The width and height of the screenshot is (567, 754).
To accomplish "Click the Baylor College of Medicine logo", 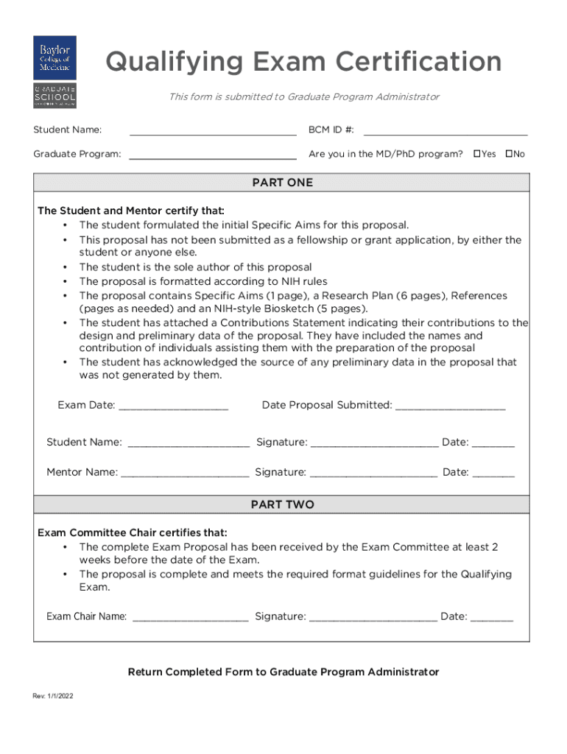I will coord(54,57).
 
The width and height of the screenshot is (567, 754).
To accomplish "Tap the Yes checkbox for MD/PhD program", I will coord(477,154).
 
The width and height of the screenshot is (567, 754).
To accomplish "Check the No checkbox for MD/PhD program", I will coord(509,154).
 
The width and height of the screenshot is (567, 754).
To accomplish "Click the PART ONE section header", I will coord(282,183).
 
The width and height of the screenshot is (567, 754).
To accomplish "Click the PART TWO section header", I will coord(282,504).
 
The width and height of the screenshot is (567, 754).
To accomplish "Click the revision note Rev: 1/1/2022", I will coord(53,696).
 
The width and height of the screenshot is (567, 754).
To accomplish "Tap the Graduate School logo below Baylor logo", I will coord(54,96).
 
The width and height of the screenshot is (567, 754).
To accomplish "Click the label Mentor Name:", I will coord(82,472).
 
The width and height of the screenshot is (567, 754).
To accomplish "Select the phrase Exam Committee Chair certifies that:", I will coord(133,532).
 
